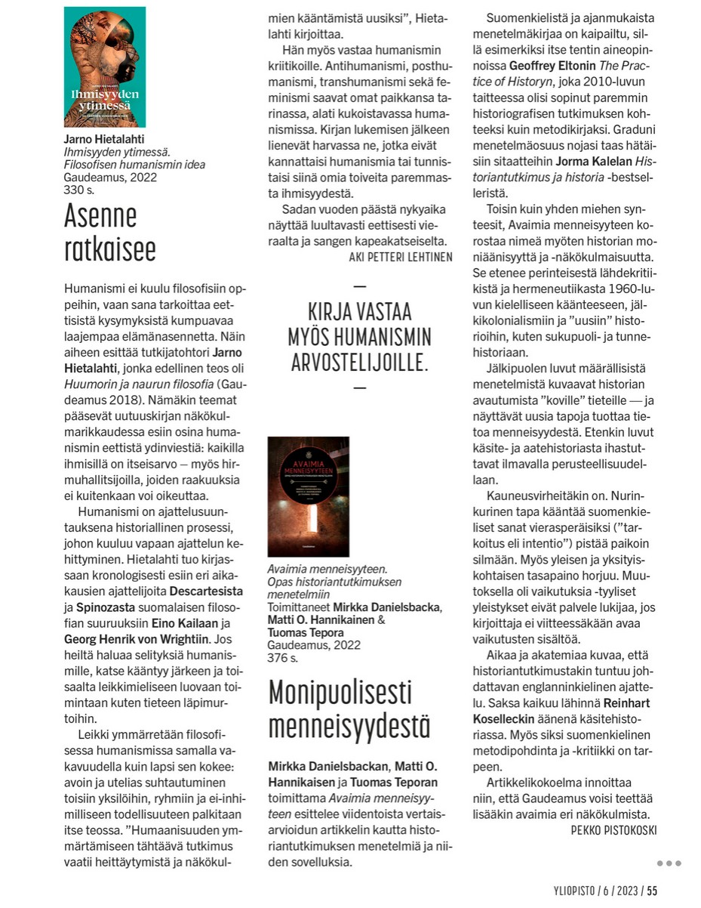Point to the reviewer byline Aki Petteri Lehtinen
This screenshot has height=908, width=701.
click(401, 257)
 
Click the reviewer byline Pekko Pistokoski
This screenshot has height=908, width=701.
click(613, 829)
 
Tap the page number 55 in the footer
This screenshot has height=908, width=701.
click(651, 891)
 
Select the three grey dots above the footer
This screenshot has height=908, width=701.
click(669, 863)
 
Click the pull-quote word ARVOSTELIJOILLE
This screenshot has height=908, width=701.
click(359, 363)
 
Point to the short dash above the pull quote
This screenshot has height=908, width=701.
click(359, 286)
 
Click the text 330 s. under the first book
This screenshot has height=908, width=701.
click(79, 191)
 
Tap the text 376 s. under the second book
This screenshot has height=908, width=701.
click(283, 658)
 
